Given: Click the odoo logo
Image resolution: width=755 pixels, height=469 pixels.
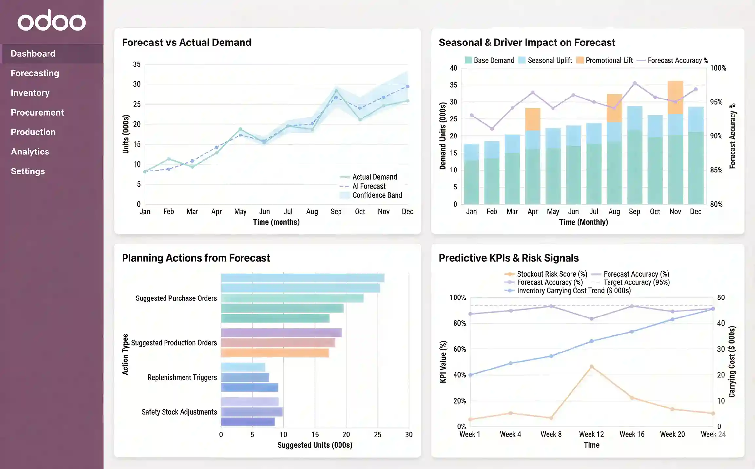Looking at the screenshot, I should click(51, 21).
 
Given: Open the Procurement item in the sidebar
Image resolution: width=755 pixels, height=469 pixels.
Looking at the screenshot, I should click(37, 112).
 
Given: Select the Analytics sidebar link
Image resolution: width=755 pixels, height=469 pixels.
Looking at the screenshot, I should click(30, 152).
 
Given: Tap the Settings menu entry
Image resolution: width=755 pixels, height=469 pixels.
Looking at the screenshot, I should click(28, 171).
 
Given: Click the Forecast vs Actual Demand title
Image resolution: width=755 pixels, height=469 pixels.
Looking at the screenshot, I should click(186, 42).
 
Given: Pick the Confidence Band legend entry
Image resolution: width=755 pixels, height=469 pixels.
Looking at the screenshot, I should click(377, 195).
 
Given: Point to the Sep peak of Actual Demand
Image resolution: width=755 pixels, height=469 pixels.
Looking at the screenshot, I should click(336, 91).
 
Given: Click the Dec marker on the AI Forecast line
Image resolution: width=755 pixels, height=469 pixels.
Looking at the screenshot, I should click(408, 87).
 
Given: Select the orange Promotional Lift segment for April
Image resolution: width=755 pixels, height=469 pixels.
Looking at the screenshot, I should click(532, 119).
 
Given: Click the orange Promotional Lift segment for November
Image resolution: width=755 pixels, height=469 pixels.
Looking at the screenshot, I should click(675, 97).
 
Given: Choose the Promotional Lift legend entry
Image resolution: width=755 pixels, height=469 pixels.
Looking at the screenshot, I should click(609, 60).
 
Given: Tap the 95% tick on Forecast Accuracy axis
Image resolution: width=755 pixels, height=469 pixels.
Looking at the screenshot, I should click(716, 102).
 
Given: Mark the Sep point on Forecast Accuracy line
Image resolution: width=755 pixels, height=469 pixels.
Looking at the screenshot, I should click(635, 83).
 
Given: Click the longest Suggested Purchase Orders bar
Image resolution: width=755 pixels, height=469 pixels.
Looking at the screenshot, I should click(302, 278).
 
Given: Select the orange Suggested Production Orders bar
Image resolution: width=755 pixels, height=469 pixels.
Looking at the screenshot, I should click(275, 353).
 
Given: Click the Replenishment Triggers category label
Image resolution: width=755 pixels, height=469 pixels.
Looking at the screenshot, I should click(182, 377).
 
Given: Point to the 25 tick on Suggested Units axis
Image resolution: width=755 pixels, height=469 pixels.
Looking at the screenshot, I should click(377, 435).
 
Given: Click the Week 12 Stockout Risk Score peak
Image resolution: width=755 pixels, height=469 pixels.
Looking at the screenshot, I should click(591, 367).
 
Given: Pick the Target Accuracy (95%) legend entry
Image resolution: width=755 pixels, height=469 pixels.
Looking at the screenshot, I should click(636, 282).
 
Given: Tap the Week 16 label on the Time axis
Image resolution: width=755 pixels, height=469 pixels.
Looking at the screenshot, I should click(632, 434).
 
